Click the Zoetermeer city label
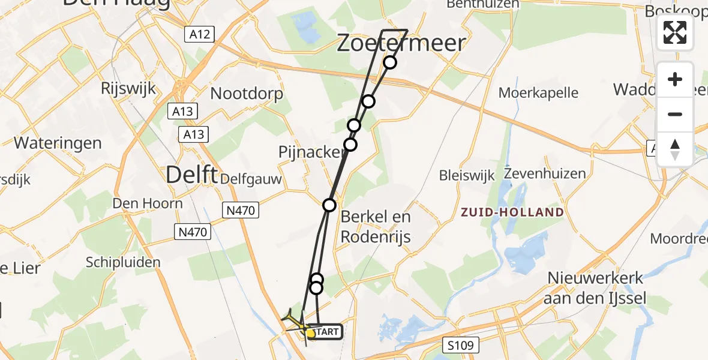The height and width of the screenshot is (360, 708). pos(401,43)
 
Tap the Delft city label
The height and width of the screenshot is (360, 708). pos(191,175)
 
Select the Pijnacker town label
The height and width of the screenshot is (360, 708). pos(311,152)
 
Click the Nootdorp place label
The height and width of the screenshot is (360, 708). pos(247,94)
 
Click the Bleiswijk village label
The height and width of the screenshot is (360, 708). pos(467,175)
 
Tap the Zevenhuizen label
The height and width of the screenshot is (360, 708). pos(536,174)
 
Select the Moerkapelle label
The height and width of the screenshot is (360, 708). pos(539,92)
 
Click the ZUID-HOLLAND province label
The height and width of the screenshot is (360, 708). pos(512,212)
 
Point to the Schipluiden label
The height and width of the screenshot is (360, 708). pos(123,262)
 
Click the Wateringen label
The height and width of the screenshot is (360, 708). pos(58,143)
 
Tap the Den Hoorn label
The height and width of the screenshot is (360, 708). pos(146,203)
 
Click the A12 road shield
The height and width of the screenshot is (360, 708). pos(199,34)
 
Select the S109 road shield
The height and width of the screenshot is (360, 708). pos(463,345)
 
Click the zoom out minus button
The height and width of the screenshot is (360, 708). pos(675,114)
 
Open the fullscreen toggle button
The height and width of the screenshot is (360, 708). pos(675,32)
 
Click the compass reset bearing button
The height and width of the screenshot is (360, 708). pos(675,149)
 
